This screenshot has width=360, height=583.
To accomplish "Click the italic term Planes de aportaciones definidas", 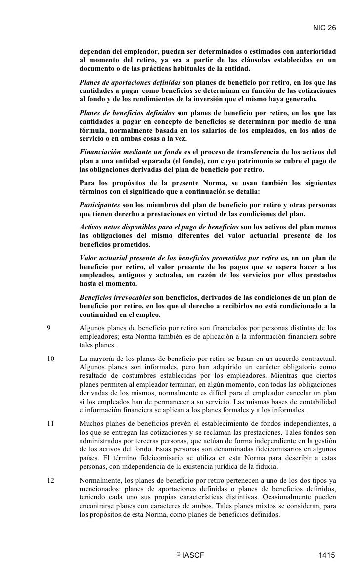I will pyautogui.click(x=130, y=82).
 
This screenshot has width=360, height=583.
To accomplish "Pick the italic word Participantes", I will pyautogui.click(x=100, y=204).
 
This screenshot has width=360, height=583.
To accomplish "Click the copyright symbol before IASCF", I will pyautogui.click(x=177, y=554).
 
